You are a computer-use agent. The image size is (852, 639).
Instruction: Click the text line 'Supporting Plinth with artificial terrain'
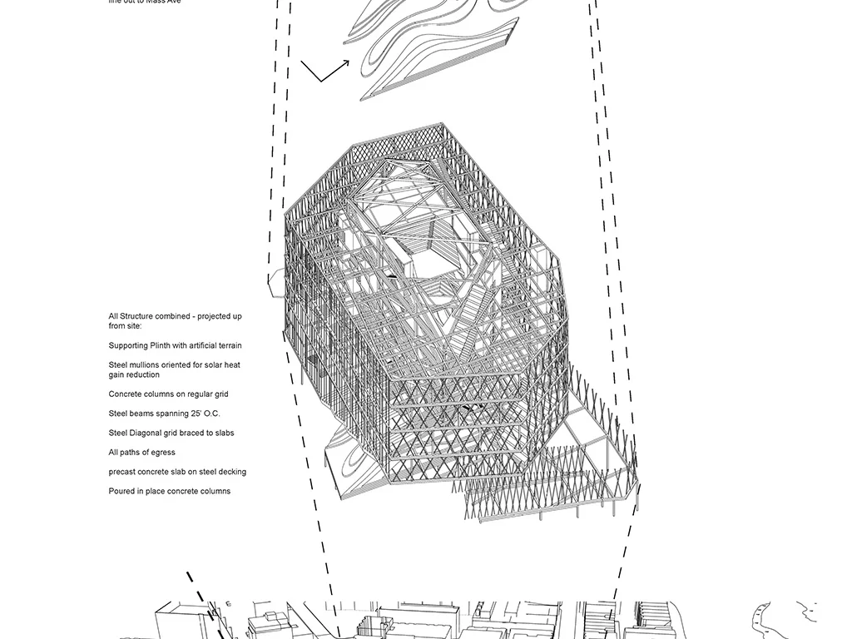click(175, 345)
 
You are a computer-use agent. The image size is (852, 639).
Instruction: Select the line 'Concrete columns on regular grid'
click(168, 394)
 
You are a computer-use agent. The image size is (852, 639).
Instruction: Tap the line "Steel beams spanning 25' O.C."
click(164, 414)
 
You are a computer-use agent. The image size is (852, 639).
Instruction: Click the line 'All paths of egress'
click(141, 453)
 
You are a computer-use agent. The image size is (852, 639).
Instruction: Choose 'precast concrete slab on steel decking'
click(177, 472)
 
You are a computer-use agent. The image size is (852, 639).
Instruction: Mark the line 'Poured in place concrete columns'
click(169, 491)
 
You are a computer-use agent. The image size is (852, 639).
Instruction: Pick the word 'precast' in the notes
click(122, 472)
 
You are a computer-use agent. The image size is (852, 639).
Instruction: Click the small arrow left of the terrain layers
click(324, 72)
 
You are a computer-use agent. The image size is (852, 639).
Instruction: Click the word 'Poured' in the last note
click(121, 491)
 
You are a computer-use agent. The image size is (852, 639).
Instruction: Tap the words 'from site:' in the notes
click(125, 326)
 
